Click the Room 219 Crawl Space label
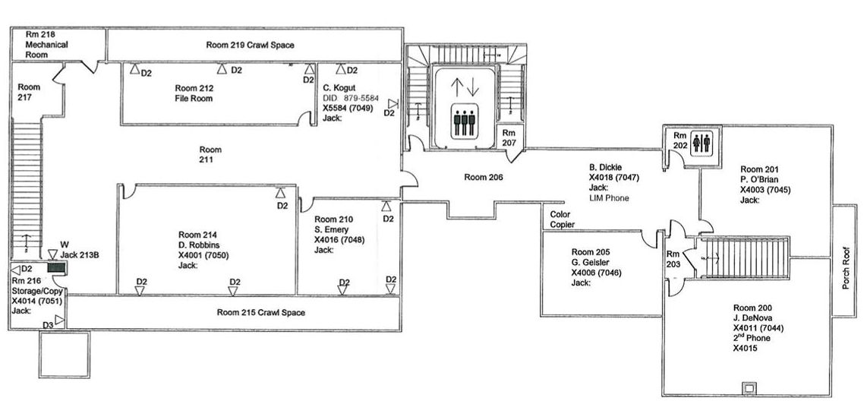[250, 46]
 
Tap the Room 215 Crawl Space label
[260, 313]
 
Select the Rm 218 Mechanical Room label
[46, 44]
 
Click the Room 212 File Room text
[194, 93]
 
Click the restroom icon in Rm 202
[701, 143]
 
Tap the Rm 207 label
[509, 137]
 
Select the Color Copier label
[563, 219]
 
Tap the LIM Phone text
[609, 198]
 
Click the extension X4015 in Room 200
[746, 349]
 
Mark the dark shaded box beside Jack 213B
[57, 268]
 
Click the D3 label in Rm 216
[48, 325]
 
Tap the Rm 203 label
[673, 260]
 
